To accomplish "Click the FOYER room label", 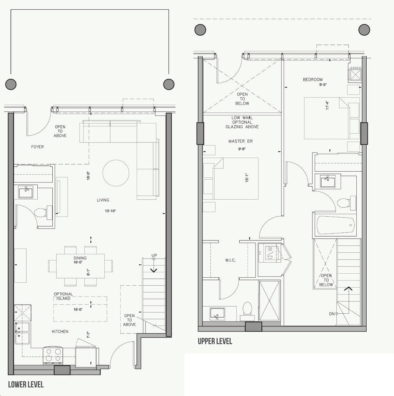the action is [x=37, y=147].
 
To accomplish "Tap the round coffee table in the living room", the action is [x=116, y=173].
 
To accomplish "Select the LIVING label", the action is [x=103, y=200].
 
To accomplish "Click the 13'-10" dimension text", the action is [x=110, y=211].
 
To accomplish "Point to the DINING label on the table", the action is [x=80, y=258].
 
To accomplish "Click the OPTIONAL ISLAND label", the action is [x=63, y=296].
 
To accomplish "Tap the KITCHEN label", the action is [x=60, y=331].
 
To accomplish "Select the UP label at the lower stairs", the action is [x=154, y=255].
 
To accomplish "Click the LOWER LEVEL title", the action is [x=26, y=384].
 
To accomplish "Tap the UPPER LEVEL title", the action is [x=215, y=341].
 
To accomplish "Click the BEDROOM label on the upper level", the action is [x=313, y=80].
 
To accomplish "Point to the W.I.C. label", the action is [x=230, y=260].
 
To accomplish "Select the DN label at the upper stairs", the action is [x=332, y=314].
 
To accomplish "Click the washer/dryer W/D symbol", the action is [x=270, y=253].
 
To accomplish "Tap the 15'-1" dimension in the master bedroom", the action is [x=247, y=177].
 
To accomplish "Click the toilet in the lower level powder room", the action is [x=42, y=212].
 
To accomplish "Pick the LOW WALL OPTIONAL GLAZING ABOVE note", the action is [x=242, y=122].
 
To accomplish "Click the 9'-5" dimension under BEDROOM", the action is [x=323, y=85].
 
